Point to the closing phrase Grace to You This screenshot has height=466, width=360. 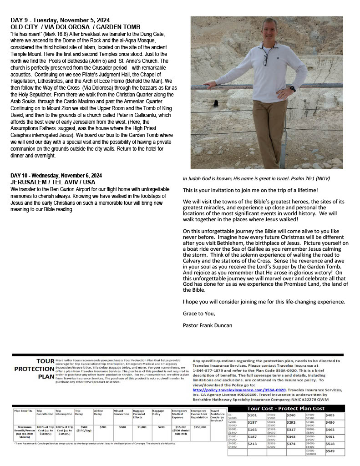[198, 314]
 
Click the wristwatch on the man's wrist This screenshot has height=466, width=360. [292, 88]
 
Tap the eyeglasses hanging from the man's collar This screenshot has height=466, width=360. [264, 59]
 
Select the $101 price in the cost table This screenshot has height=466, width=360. [252, 415]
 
